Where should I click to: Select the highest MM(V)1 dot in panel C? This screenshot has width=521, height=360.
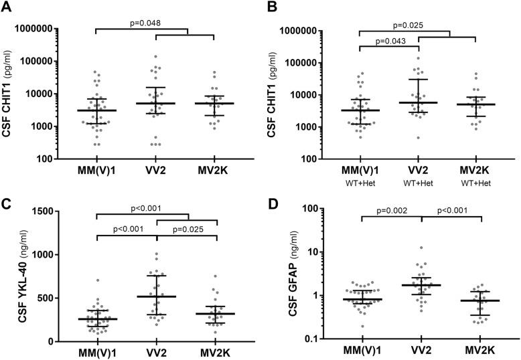point(97,281)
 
